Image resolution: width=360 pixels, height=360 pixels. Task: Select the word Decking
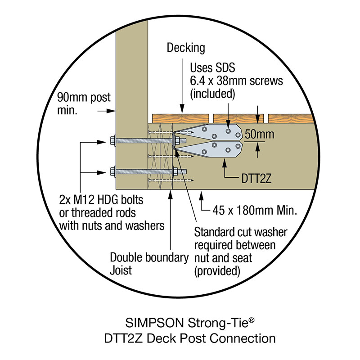point(186,47)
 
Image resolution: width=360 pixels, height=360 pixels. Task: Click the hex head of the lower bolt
point(112,171)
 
